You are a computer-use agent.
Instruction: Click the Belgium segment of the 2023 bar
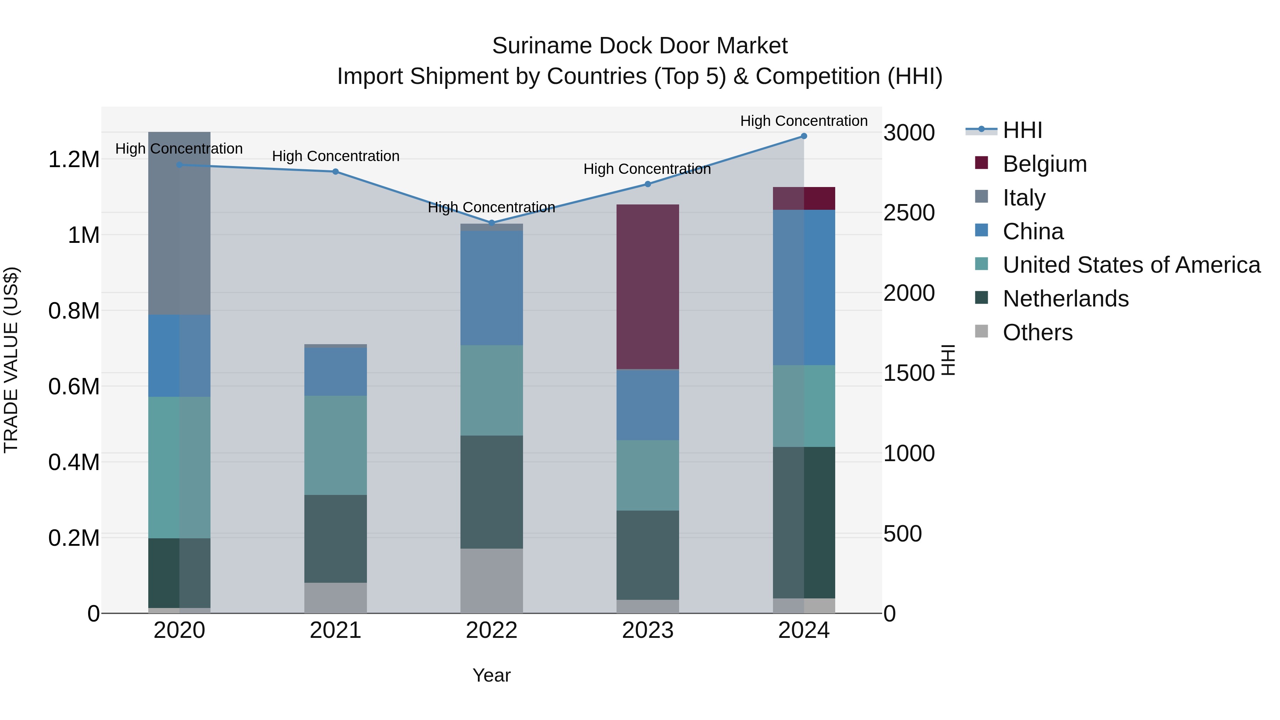point(647,287)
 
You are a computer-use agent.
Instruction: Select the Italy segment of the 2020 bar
point(180,223)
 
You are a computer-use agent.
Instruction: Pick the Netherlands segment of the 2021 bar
point(335,539)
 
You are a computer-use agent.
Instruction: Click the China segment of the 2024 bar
point(804,287)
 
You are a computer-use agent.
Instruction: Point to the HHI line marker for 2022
point(491,223)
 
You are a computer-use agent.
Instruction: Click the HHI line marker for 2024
point(804,136)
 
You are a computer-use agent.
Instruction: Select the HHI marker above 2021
point(335,171)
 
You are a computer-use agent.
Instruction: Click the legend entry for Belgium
point(1044,164)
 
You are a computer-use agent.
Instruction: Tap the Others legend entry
point(1037,332)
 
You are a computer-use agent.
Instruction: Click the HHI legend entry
point(1022,130)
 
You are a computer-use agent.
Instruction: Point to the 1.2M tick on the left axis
point(74,160)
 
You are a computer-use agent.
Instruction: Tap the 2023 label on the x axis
point(647,630)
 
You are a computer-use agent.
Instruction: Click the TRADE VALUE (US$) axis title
point(11,360)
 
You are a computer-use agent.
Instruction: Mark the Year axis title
point(491,675)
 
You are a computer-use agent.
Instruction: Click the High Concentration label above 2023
point(647,169)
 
